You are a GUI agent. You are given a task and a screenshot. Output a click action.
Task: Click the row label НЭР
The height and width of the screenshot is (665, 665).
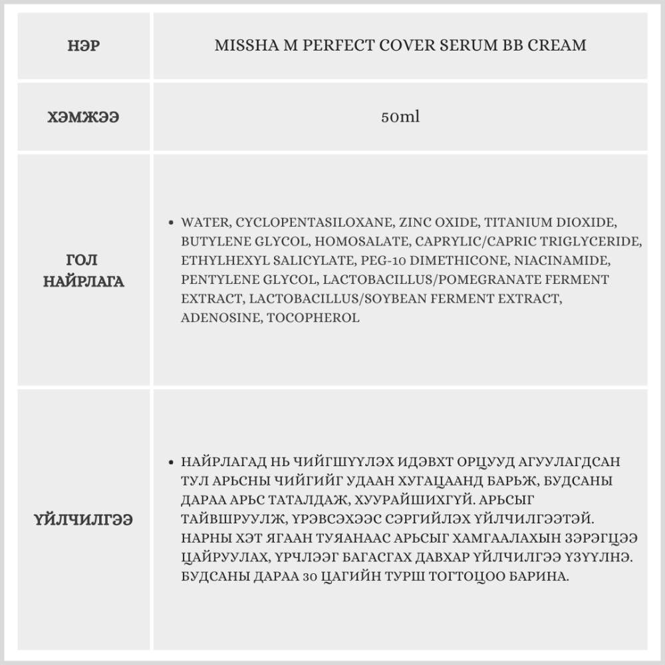84,46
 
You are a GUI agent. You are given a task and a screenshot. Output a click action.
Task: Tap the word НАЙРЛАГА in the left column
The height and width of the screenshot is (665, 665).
84,282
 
